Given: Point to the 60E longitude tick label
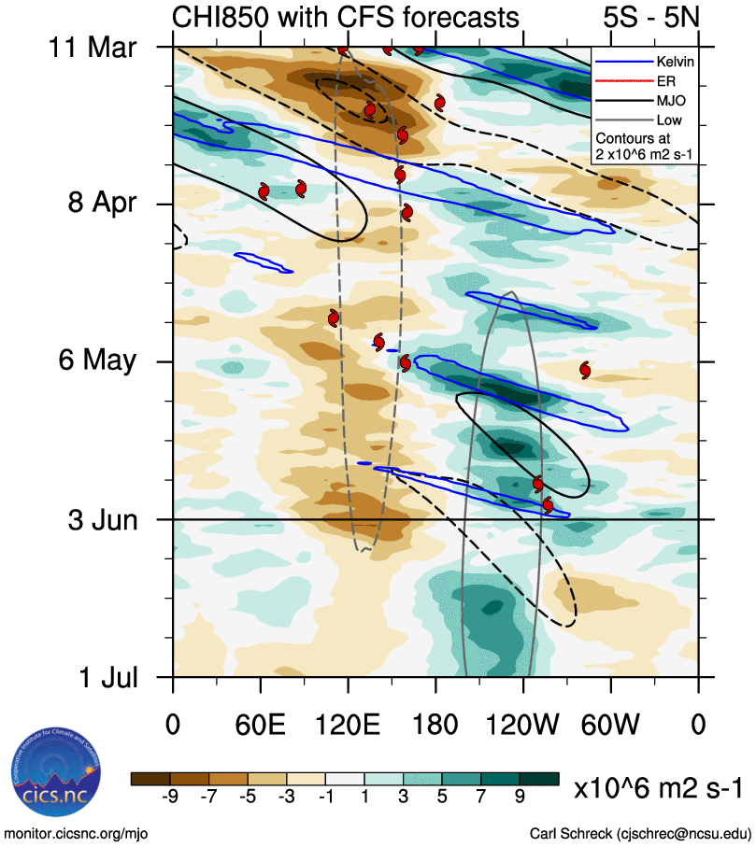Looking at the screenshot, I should [260, 725].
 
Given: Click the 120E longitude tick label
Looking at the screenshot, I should [348, 725].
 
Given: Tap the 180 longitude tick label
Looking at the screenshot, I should [435, 725].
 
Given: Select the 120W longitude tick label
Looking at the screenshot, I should [523, 725].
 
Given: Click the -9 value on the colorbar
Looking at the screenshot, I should [169, 797].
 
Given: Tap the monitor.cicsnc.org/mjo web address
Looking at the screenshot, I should [76, 832].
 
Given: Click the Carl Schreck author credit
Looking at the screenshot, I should [640, 832].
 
